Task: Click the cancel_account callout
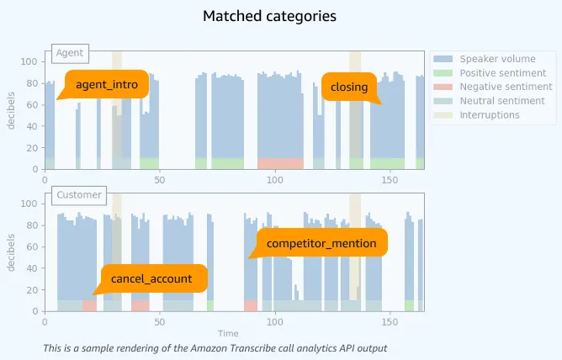coord(151,278)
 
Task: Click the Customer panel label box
coord(78,195)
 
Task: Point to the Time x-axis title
coord(228,334)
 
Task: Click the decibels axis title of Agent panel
coord(13,110)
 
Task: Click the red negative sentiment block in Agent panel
coord(280,163)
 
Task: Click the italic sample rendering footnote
coord(215,348)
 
